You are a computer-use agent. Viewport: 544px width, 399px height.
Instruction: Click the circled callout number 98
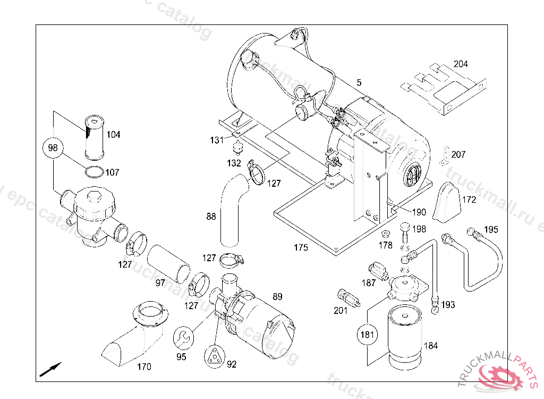(x=53, y=147)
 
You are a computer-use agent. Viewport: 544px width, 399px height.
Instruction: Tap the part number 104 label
(x=113, y=135)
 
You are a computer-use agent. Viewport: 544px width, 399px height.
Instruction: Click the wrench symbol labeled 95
(x=182, y=337)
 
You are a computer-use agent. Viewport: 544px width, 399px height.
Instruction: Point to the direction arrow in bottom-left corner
(x=50, y=369)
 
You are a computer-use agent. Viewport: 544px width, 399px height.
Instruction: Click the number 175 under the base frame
(x=301, y=247)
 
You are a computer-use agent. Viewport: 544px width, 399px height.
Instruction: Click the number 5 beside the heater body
(x=359, y=82)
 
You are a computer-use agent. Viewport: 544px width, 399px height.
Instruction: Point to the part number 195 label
(x=491, y=229)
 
